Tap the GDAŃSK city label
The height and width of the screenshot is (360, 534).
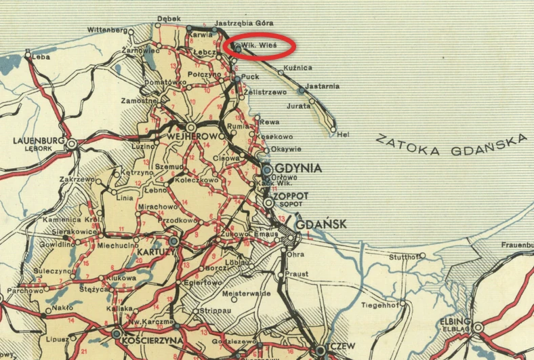(x=321, y=224)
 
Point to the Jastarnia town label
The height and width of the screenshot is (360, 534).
(x=323, y=86)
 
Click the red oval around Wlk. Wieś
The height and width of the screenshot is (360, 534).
(x=260, y=47)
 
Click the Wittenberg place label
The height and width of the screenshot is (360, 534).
(x=108, y=31)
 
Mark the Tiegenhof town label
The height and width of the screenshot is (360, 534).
(x=377, y=304)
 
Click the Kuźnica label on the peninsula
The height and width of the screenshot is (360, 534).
(x=298, y=68)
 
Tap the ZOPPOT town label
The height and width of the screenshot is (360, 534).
(x=293, y=195)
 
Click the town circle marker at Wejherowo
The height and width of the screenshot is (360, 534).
(x=192, y=127)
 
